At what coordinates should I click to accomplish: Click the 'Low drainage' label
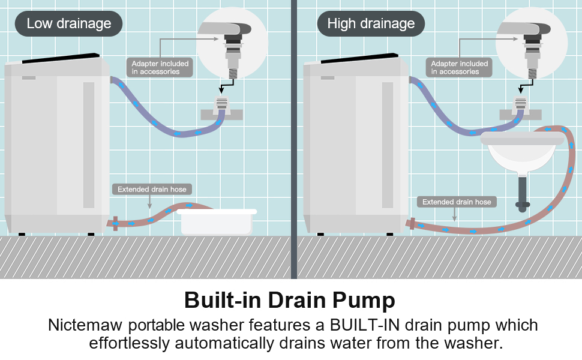pyautogui.click(x=69, y=24)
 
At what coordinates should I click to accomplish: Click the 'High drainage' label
pyautogui.click(x=371, y=24)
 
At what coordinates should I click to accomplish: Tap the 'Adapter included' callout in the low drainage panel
pyautogui.click(x=160, y=67)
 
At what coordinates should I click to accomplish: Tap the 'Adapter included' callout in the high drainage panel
pyautogui.click(x=459, y=67)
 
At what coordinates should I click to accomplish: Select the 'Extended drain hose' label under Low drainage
pyautogui.click(x=152, y=190)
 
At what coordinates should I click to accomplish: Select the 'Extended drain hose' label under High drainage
pyautogui.click(x=457, y=202)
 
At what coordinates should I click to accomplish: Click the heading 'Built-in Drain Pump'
pyautogui.click(x=290, y=300)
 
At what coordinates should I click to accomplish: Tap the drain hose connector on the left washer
pyautogui.click(x=114, y=224)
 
